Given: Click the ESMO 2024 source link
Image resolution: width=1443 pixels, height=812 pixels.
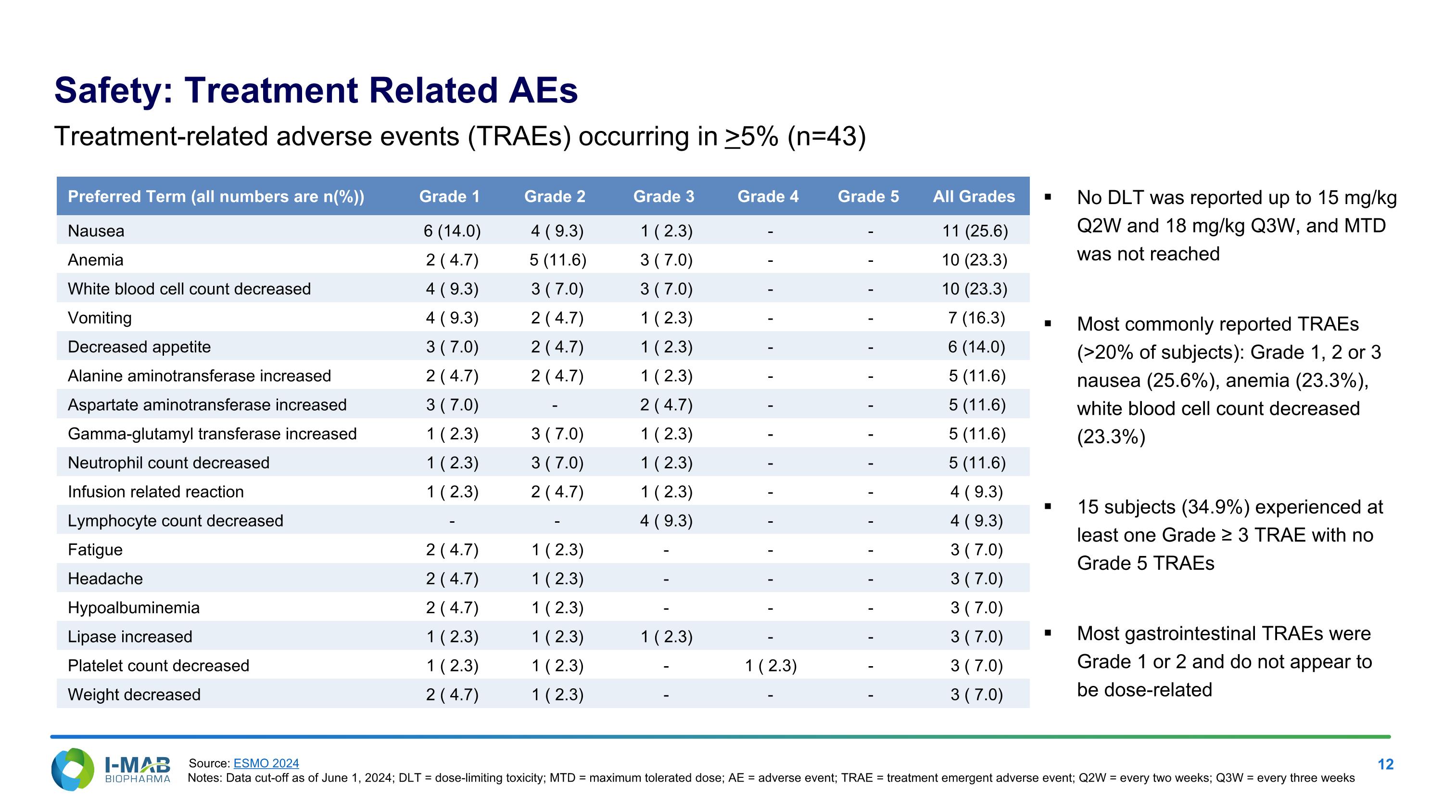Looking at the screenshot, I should click(266, 763).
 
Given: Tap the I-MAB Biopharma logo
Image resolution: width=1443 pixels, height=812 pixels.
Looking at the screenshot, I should click(110, 770).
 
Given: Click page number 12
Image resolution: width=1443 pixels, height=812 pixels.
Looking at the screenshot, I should click(1385, 764).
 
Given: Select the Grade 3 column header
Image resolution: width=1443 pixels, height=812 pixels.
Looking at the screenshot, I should click(663, 197).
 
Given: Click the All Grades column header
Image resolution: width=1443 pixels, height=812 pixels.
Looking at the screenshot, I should click(974, 197).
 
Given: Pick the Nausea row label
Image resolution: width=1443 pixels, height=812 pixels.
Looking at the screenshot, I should click(96, 231).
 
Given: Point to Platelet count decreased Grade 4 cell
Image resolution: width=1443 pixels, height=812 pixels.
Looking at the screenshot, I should click(770, 666).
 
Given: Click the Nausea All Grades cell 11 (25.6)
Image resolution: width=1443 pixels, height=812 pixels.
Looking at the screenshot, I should click(975, 231).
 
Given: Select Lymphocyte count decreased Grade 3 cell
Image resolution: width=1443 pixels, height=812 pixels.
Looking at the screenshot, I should click(666, 521).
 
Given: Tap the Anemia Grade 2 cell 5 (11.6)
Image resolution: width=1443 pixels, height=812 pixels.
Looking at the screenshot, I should click(557, 260).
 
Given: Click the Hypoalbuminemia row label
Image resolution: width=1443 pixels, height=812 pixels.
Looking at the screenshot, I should click(133, 608).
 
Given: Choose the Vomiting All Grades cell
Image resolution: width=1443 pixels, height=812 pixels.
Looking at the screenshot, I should click(976, 318).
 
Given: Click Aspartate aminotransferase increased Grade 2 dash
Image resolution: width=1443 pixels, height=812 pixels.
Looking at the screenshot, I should click(555, 405).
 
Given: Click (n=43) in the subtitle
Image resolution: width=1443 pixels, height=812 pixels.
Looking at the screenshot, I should click(826, 137).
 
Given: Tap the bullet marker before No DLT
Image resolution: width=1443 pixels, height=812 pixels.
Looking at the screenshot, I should click(1048, 197).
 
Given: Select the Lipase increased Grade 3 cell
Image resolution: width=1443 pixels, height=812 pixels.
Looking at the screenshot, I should click(666, 637).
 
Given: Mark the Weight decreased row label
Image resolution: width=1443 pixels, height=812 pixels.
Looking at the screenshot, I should click(134, 695).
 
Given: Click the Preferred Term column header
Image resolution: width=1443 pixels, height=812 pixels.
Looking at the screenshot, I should click(215, 197).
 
